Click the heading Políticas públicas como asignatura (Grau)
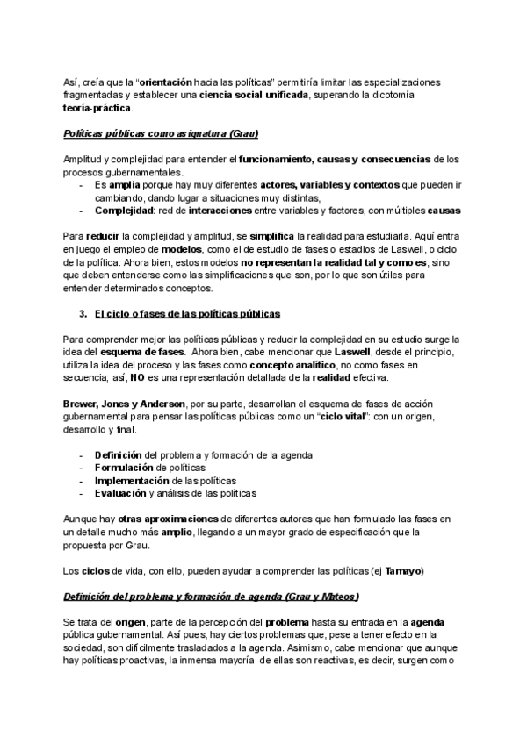pyautogui.click(x=161, y=133)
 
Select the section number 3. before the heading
pyautogui.click(x=83, y=313)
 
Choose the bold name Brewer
pyautogui.click(x=83, y=404)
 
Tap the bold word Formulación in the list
pyautogui.click(x=125, y=469)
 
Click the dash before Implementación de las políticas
pyautogui.click(x=82, y=482)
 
